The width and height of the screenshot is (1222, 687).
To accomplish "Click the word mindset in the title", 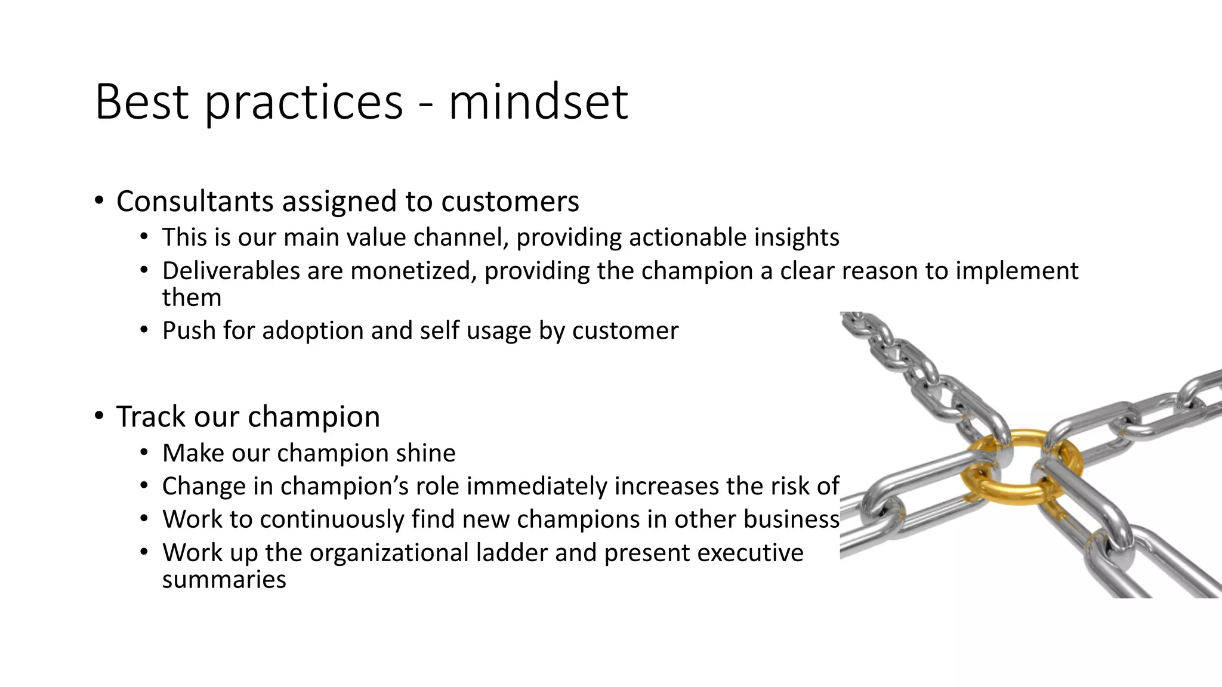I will [x=538, y=103].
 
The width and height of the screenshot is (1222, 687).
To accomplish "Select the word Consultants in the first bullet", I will [x=195, y=202].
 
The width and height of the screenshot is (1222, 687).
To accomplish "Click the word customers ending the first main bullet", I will [x=510, y=202].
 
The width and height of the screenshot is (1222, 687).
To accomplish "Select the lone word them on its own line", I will [x=192, y=298].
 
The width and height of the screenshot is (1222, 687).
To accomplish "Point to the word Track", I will [x=151, y=416].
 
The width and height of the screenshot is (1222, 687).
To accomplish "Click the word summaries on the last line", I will [x=224, y=580].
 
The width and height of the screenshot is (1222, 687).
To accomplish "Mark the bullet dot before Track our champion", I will [x=98, y=416].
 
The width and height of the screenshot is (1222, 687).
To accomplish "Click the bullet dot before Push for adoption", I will [x=144, y=330].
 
